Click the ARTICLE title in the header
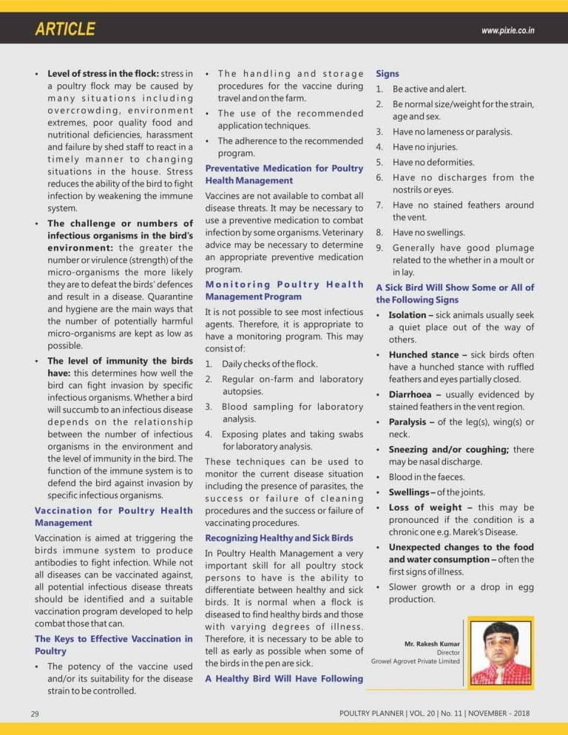pos(65,29)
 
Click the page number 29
pos(35,714)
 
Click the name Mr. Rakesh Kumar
pos(432,643)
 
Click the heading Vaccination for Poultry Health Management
pos(114,516)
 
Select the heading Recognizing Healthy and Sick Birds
pos(279,538)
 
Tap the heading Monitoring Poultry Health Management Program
pos(284,291)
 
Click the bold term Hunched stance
pos(424,354)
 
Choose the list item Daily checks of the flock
pos(269,364)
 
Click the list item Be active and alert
pos(429,89)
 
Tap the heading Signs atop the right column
pos(387,74)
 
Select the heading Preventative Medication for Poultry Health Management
pos(284,175)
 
